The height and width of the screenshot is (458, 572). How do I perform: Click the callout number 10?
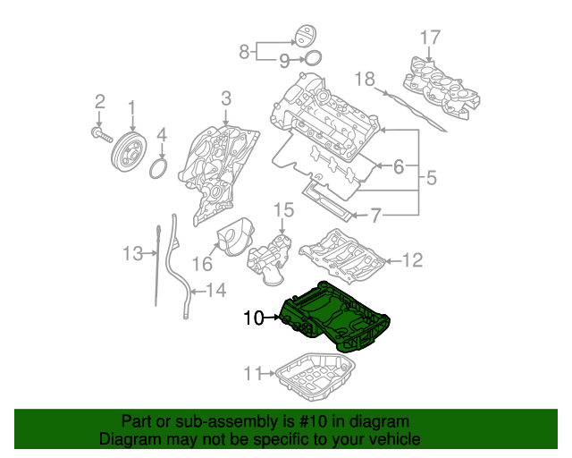pos(254,318)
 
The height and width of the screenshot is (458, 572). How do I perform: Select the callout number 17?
pos(430,37)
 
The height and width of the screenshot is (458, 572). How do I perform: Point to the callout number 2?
pos(100,100)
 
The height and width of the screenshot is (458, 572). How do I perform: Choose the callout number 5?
pos(431,177)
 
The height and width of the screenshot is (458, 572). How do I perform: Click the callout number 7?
pos(375,215)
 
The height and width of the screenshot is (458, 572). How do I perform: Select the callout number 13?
pos(132,254)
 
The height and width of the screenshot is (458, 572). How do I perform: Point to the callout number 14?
pos(216,290)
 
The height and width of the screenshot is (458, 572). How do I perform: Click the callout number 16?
pos(202,264)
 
